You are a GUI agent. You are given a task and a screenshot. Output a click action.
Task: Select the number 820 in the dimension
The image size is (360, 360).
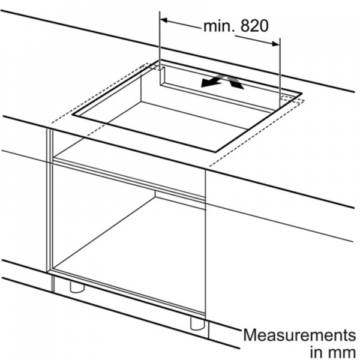254,26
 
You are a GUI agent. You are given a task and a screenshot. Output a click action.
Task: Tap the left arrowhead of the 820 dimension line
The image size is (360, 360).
164,20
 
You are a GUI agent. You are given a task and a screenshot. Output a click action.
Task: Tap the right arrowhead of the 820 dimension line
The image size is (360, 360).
275,44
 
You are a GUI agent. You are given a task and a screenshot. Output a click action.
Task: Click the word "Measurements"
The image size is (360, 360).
299,335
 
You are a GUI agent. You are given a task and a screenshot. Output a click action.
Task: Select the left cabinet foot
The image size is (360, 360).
77,287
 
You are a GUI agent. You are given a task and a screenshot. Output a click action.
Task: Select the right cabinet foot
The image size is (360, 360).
197,324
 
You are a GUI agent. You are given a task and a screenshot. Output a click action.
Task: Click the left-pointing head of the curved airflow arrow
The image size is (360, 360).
205,84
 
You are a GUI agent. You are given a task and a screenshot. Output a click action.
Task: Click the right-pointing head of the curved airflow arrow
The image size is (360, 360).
238,85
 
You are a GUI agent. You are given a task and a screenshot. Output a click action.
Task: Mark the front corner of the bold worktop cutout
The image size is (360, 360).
215,152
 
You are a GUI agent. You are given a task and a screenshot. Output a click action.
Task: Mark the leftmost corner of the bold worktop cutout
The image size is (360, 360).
73,114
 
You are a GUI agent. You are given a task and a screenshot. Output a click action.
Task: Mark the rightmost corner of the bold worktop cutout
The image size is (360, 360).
302,94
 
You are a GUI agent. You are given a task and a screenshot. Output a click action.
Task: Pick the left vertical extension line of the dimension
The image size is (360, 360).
160,40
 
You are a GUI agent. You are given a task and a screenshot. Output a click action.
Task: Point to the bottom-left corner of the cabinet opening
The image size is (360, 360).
53,268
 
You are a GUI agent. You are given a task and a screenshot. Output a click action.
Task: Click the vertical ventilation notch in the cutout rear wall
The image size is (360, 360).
162,77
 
